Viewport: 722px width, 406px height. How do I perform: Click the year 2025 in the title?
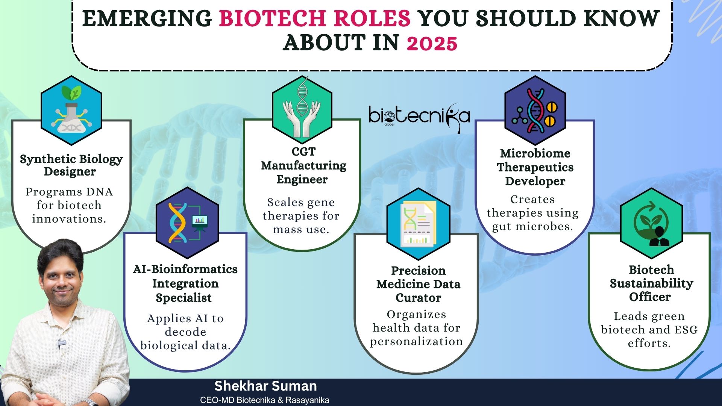point(432,43)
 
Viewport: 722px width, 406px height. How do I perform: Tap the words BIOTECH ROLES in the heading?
point(315,18)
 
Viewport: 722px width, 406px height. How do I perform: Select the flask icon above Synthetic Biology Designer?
point(71,111)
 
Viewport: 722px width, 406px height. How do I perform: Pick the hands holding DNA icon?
point(302,109)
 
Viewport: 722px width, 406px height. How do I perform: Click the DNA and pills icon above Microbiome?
point(535,111)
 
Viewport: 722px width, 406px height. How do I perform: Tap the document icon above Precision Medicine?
point(418,224)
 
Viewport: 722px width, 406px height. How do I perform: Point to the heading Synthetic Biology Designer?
point(71,165)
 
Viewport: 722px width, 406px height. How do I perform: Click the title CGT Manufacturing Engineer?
point(303,165)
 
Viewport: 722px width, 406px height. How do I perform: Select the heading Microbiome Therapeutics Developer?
point(535,167)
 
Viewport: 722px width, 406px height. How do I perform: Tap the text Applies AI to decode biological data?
point(185,332)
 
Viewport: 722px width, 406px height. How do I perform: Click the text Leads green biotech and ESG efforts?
point(649,330)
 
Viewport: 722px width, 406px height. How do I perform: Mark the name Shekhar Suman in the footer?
point(265,386)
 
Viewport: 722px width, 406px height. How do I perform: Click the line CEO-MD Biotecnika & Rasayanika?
point(264,400)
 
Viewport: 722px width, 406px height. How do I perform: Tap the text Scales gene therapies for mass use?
point(301,216)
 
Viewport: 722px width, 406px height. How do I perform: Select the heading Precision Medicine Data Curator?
point(418,284)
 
